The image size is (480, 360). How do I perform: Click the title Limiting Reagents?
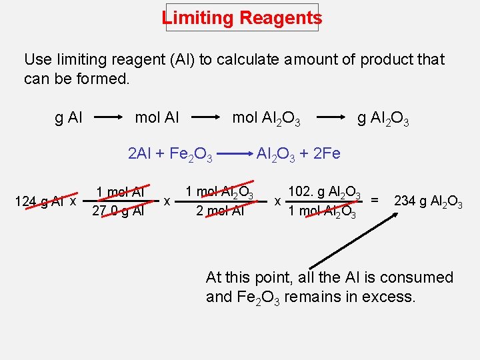(241, 18)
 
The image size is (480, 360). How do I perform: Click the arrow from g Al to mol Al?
(110, 119)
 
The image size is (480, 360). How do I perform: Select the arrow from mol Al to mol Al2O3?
(204, 119)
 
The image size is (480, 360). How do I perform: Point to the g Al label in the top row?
(69, 119)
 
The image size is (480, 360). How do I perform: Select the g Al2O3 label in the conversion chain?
(383, 120)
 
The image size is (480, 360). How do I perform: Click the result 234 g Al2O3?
(429, 201)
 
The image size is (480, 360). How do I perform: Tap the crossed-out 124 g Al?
(39, 201)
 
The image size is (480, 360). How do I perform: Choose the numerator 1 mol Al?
(120, 193)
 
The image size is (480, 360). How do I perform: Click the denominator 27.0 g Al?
(119, 211)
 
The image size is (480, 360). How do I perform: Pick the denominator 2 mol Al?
(219, 211)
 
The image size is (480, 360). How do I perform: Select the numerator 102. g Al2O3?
(325, 193)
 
